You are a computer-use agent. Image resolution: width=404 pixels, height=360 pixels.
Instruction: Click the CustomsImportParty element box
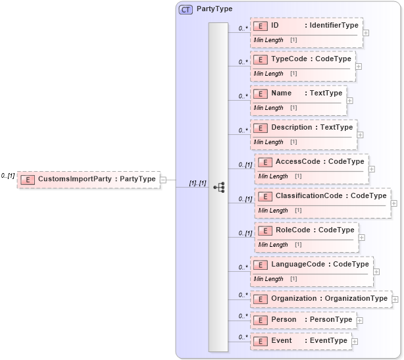pos(88,179)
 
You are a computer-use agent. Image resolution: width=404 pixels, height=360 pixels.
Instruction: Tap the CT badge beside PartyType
pos(186,10)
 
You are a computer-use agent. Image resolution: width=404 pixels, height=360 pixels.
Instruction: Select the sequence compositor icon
pos(218,188)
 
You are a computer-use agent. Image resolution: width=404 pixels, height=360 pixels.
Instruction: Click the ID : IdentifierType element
pos(306,26)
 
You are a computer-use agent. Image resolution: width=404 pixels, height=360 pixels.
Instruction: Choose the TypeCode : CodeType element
pos(303,59)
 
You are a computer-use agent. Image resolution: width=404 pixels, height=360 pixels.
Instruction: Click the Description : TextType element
pos(303,128)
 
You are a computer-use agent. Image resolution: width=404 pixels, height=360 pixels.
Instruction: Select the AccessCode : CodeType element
pos(311,162)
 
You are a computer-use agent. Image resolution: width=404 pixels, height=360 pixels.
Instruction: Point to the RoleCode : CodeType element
pos(307,230)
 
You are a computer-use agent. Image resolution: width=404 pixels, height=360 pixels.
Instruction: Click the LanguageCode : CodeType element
pos(312,265)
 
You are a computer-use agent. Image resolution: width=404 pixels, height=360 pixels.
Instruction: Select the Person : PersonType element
pos(303,320)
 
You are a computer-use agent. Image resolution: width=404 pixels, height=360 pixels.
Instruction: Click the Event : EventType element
pos(301,341)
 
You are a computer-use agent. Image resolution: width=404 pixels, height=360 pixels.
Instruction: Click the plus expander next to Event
pos(355,342)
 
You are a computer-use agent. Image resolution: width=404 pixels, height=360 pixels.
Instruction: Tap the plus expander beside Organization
pos(395,299)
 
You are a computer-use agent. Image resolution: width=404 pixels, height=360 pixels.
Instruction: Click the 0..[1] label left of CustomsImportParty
pos(8,176)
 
